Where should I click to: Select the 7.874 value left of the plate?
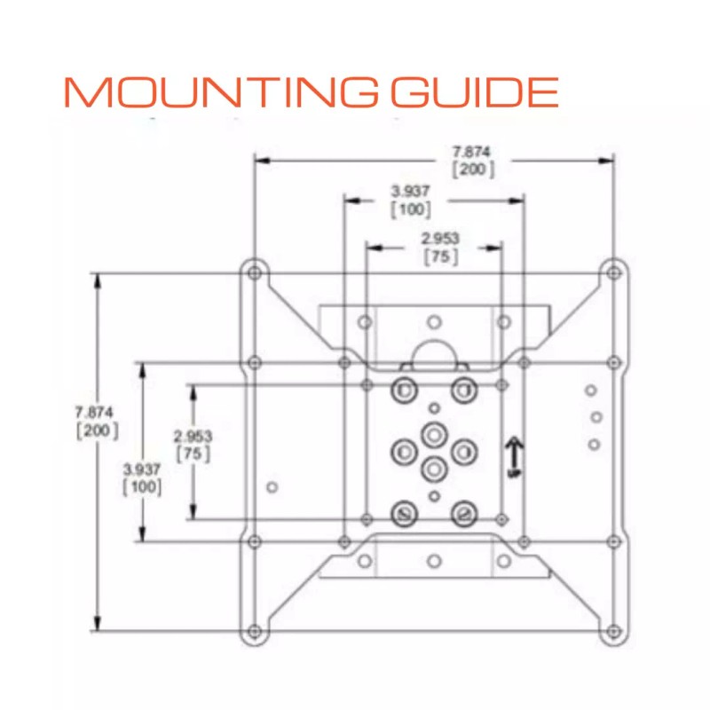coord(97,412)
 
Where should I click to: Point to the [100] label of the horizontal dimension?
coord(411,209)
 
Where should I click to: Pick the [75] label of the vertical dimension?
coord(193,453)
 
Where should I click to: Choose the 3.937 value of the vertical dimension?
coord(142,469)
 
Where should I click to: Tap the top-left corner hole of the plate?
coord(255,272)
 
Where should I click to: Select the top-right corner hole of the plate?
coord(612,272)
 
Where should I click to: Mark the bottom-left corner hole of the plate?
coord(255,631)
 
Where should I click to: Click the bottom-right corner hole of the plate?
coord(612,631)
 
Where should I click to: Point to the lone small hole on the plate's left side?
coord(272,486)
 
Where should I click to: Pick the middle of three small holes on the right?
coord(596,417)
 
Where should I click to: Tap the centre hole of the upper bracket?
coord(434,321)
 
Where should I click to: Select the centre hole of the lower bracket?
coord(434,561)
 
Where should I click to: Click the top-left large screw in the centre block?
coord(405,389)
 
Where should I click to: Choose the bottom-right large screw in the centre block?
coord(462,513)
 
